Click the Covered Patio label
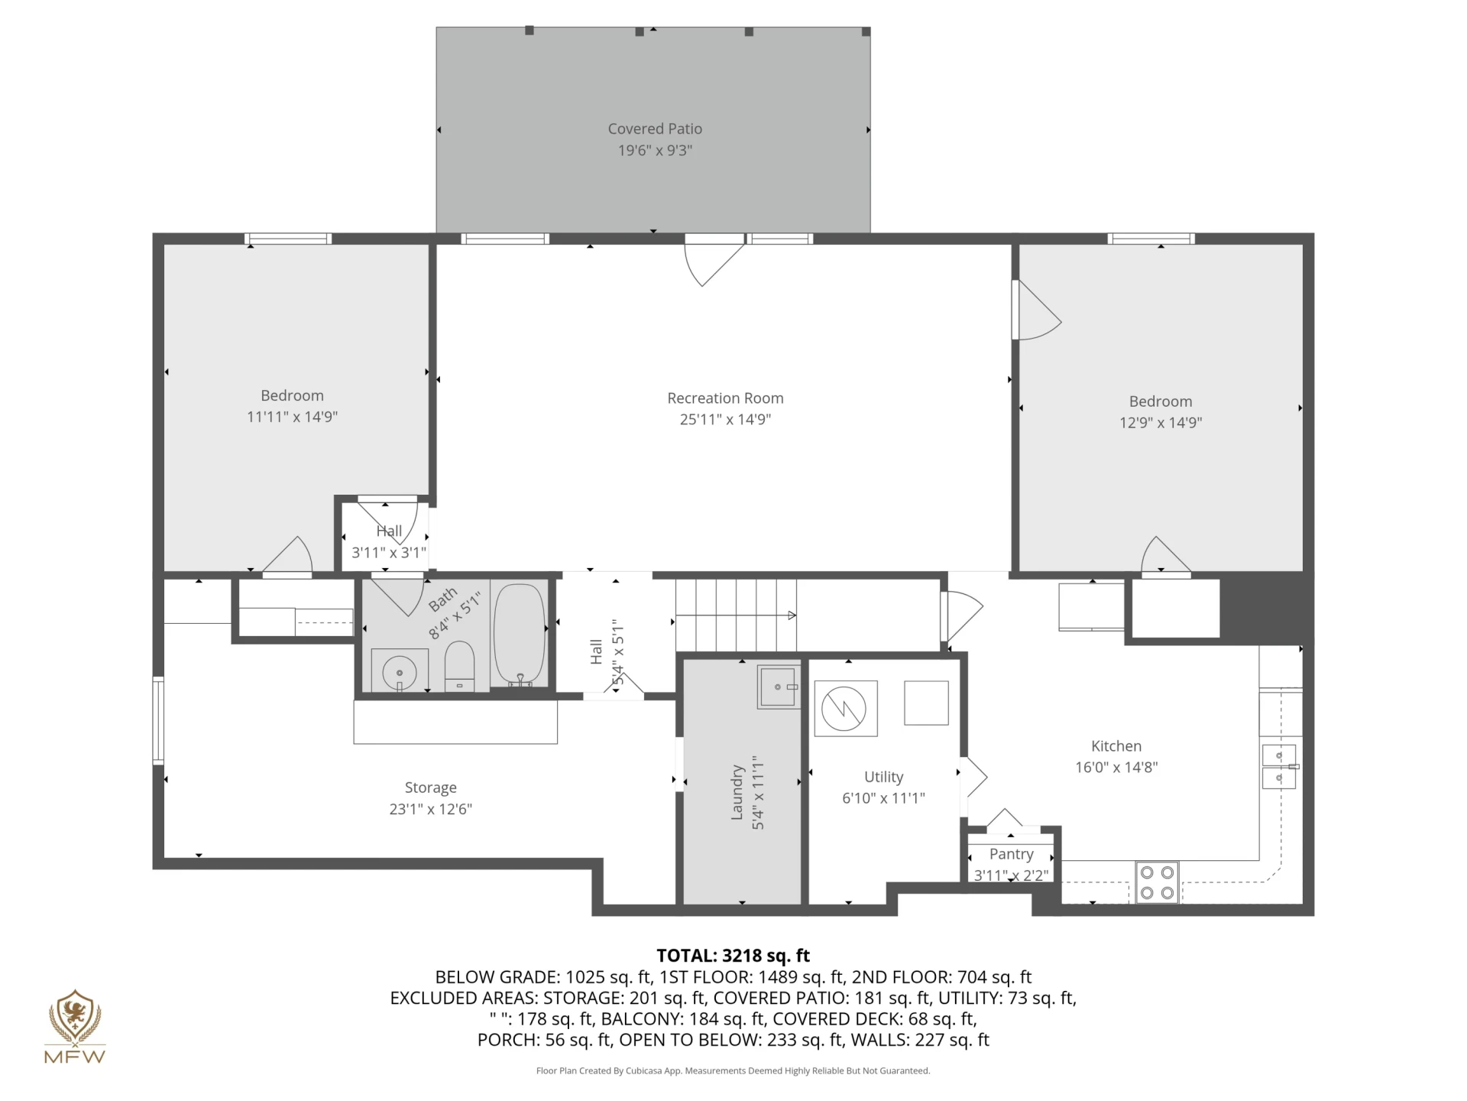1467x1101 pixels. [x=655, y=129]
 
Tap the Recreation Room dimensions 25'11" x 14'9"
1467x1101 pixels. [x=725, y=419]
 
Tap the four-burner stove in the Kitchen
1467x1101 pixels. [x=1157, y=882]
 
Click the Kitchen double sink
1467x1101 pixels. [x=1279, y=766]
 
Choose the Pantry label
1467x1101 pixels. [x=1011, y=854]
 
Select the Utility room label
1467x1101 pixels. [x=883, y=777]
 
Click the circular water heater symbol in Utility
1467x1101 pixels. [x=844, y=709]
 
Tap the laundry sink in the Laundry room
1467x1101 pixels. [x=778, y=687]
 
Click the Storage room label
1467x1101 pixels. [x=430, y=788]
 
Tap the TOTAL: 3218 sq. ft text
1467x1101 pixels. [x=733, y=956]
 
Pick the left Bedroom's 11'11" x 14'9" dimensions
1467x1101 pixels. [x=292, y=417]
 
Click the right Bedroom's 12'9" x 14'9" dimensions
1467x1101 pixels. [x=1161, y=423]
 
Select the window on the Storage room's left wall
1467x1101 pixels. [x=158, y=720]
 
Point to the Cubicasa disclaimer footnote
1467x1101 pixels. [x=733, y=1071]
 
